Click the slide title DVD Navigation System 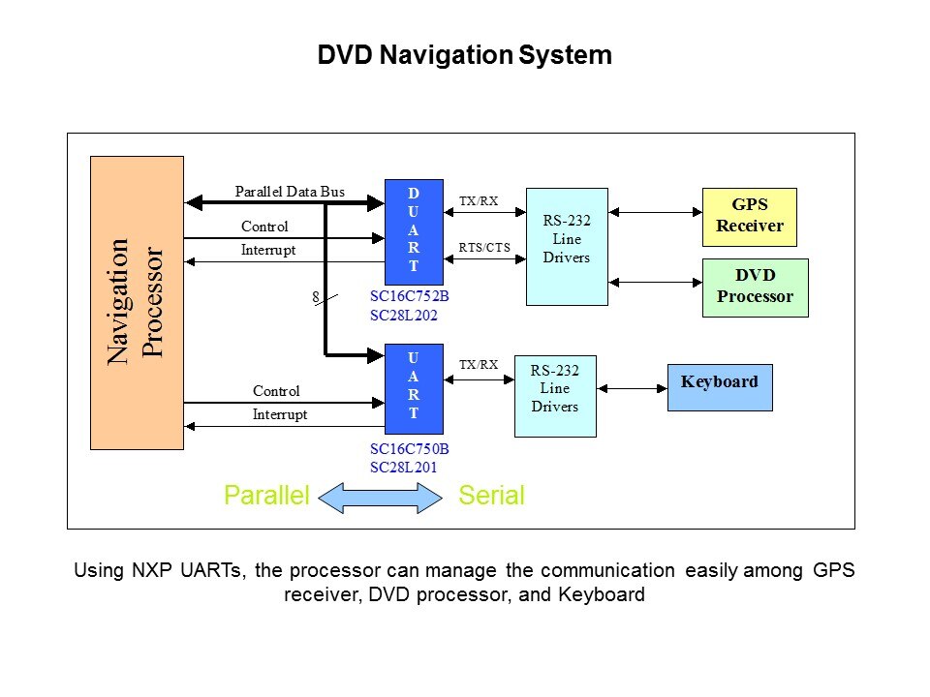[x=464, y=55]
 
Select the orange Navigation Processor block [x=137, y=303]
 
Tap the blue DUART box [x=414, y=226]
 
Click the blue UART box [x=414, y=387]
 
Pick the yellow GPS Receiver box [x=749, y=217]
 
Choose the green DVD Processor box [x=755, y=288]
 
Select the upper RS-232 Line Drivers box [x=567, y=246]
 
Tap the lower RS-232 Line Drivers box [x=554, y=396]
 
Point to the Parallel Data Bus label [x=290, y=192]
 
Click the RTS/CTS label [x=484, y=247]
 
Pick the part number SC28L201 [x=404, y=468]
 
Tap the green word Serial [x=491, y=497]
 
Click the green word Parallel [x=265, y=497]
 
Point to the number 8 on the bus [x=315, y=298]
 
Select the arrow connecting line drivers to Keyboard [x=631, y=388]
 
